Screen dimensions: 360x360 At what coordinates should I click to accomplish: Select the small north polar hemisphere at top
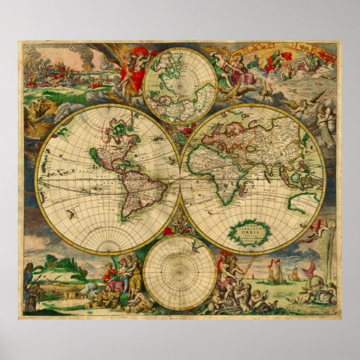(179, 85)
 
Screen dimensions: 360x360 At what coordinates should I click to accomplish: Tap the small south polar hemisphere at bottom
(179, 272)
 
